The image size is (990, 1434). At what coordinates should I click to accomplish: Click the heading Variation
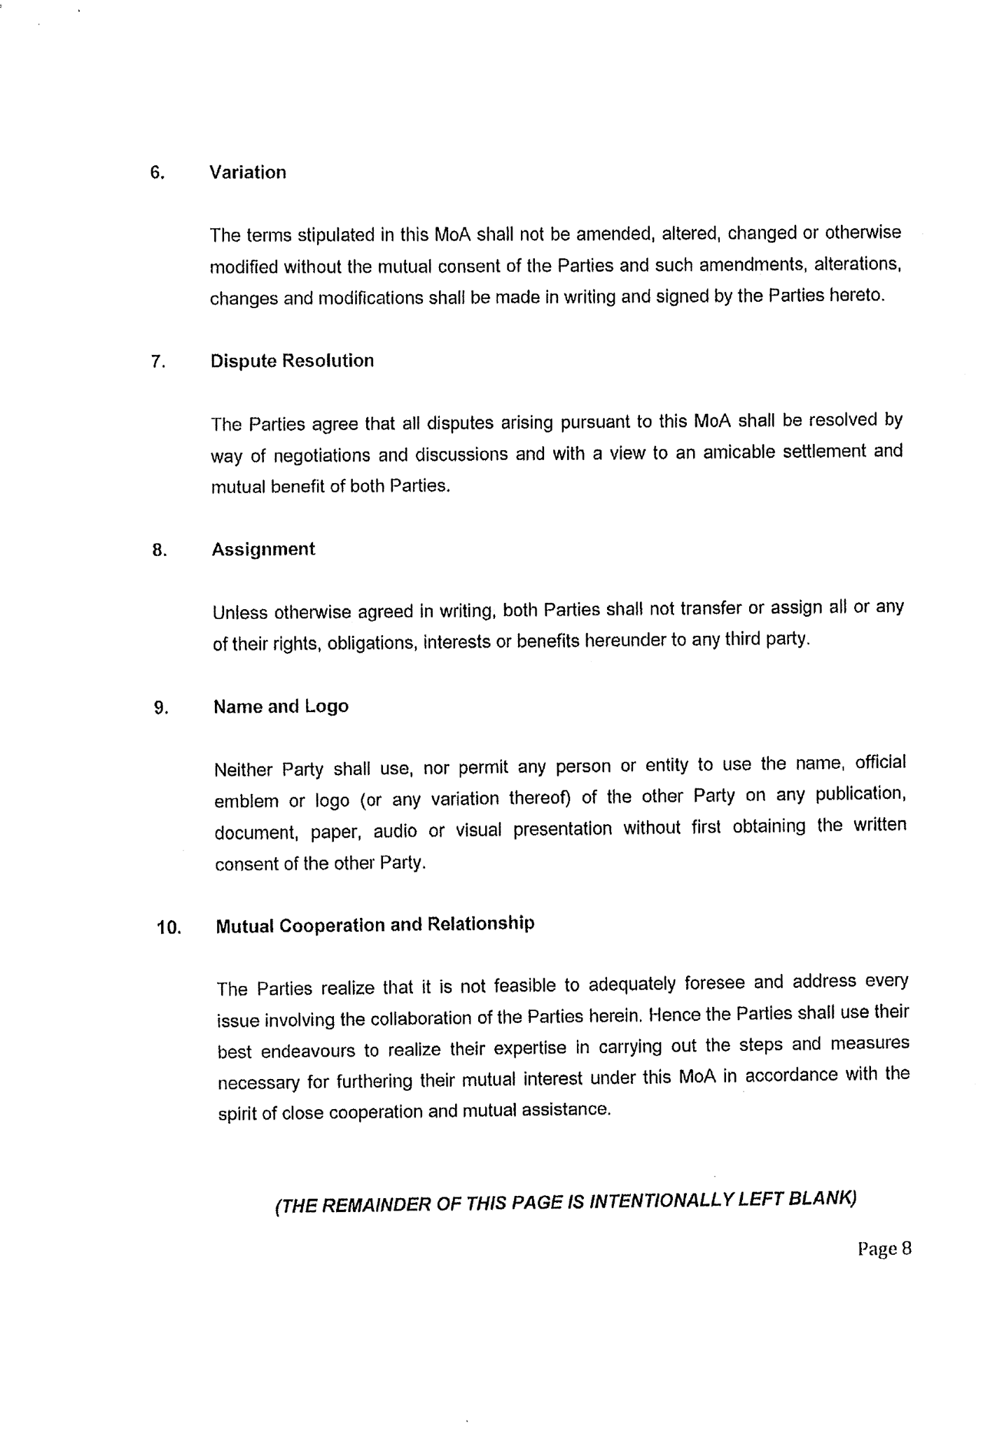tap(248, 173)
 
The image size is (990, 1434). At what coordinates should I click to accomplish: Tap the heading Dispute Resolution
tap(292, 361)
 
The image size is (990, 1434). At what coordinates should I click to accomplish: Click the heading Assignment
tap(263, 550)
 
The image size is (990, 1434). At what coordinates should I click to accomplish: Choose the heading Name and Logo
tap(281, 706)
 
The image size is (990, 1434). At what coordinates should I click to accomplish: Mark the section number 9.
tap(161, 709)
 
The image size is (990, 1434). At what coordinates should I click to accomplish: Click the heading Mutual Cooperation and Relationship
tap(375, 925)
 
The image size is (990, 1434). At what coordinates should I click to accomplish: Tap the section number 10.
tap(169, 928)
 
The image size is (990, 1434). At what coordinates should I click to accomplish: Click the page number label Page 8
tap(884, 1249)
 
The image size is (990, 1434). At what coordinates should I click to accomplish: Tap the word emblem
tap(246, 801)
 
